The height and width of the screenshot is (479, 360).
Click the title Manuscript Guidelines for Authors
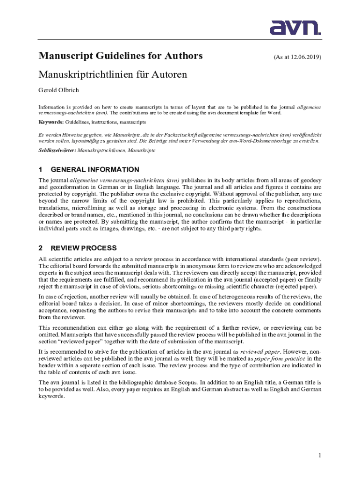click(121, 56)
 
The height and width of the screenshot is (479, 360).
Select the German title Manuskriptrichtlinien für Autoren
click(113, 74)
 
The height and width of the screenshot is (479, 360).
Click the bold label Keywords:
click(51, 122)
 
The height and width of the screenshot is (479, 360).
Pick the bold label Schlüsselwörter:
click(57, 151)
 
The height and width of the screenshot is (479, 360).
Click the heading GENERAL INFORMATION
click(94, 169)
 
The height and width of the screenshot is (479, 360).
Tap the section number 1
click(41, 169)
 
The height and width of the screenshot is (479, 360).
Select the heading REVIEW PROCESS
click(84, 248)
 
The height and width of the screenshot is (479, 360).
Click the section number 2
click(41, 248)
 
